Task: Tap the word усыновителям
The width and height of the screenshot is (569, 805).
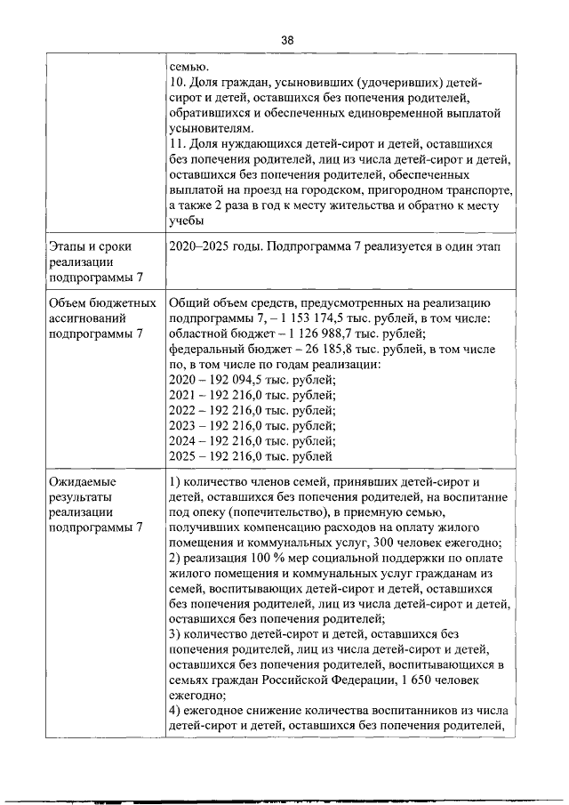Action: tap(208, 128)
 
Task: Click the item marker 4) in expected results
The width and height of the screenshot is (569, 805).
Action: tap(175, 712)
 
